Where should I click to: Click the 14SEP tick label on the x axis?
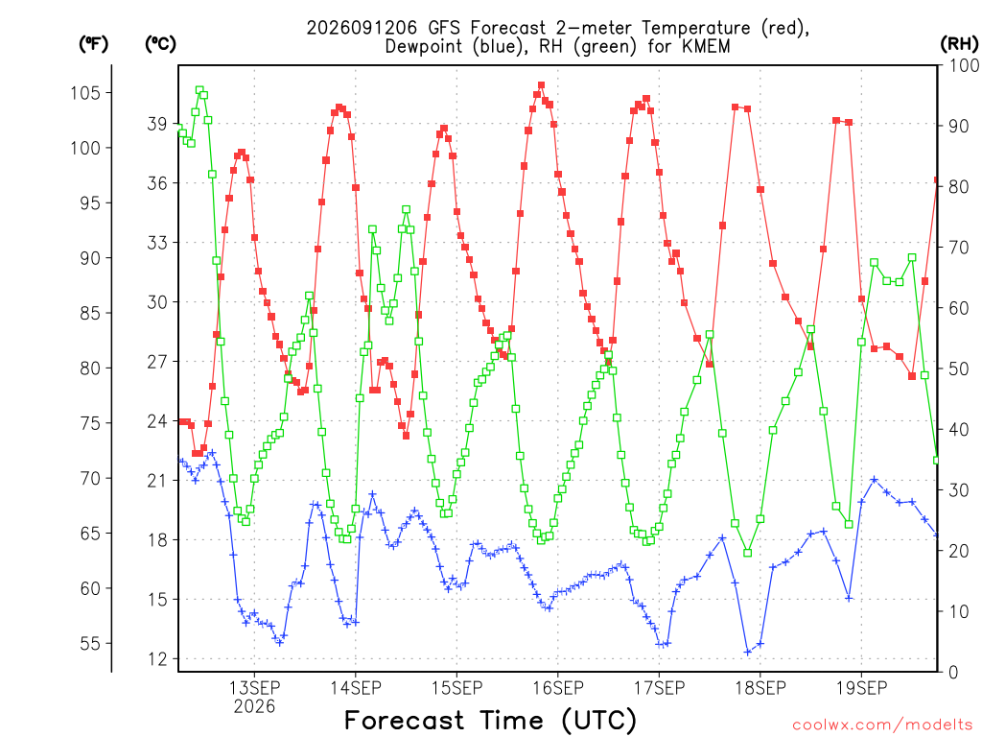(x=355, y=688)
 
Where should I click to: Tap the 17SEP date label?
(x=659, y=688)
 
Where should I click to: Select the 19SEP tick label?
(x=861, y=688)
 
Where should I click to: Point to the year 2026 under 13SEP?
(x=254, y=707)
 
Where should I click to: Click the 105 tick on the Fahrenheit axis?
(x=85, y=93)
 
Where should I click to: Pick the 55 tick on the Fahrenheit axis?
(x=90, y=644)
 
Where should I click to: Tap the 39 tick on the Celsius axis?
(x=157, y=124)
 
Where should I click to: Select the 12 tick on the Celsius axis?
(x=157, y=659)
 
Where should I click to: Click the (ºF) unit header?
(x=93, y=44)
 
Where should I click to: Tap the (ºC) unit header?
(x=160, y=44)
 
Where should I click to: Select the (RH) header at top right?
(x=959, y=44)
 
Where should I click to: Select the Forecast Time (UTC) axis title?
(x=490, y=720)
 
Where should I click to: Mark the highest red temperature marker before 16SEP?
(x=541, y=85)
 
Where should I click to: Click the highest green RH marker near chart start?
(x=199, y=90)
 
